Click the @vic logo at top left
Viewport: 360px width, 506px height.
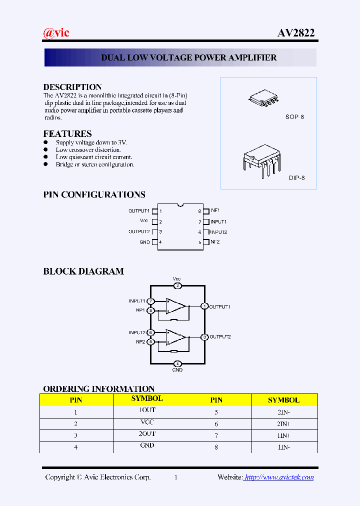pyautogui.click(x=56, y=33)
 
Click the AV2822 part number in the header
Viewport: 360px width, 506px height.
pyautogui.click(x=296, y=33)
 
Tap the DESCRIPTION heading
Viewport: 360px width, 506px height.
pyautogui.click(x=72, y=87)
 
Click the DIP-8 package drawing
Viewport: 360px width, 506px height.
pyautogui.click(x=262, y=159)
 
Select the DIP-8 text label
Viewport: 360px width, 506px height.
pyautogui.click(x=296, y=178)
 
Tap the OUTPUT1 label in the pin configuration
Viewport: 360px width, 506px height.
pyautogui.click(x=139, y=211)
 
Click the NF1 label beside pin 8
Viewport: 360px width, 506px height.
pyautogui.click(x=215, y=211)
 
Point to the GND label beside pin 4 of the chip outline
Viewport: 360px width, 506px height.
pyautogui.click(x=144, y=242)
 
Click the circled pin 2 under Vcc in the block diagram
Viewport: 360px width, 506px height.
pyautogui.click(x=177, y=286)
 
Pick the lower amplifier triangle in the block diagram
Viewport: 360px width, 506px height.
pyautogui.click(x=175, y=336)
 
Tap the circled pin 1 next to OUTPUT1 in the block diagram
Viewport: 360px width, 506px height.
pyautogui.click(x=204, y=306)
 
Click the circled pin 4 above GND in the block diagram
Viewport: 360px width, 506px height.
pyautogui.click(x=177, y=363)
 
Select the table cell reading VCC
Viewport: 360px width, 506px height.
pyautogui.click(x=147, y=422)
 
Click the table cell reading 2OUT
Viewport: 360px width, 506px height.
pyautogui.click(x=147, y=434)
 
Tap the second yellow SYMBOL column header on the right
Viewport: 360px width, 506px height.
pyautogui.click(x=283, y=400)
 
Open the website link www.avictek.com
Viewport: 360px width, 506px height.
pyautogui.click(x=279, y=477)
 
